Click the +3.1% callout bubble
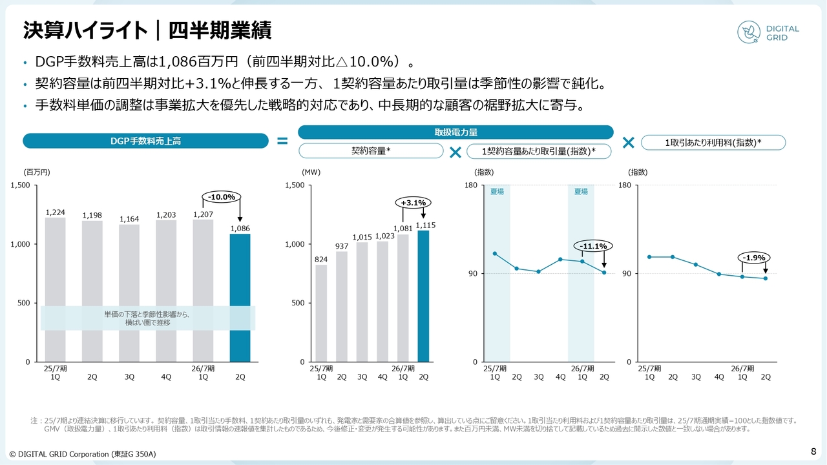(x=413, y=203)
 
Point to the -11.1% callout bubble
(x=593, y=246)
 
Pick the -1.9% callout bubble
(x=753, y=258)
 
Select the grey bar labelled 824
(x=321, y=313)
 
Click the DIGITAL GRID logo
(x=769, y=33)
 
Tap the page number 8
(x=813, y=450)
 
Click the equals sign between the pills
(x=282, y=141)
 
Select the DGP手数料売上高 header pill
(x=145, y=141)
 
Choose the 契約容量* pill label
(x=371, y=151)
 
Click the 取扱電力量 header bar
(x=455, y=132)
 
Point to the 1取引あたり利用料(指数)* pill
(x=713, y=143)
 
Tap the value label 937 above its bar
(x=342, y=246)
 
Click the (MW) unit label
(x=311, y=172)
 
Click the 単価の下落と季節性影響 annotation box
(x=148, y=318)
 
